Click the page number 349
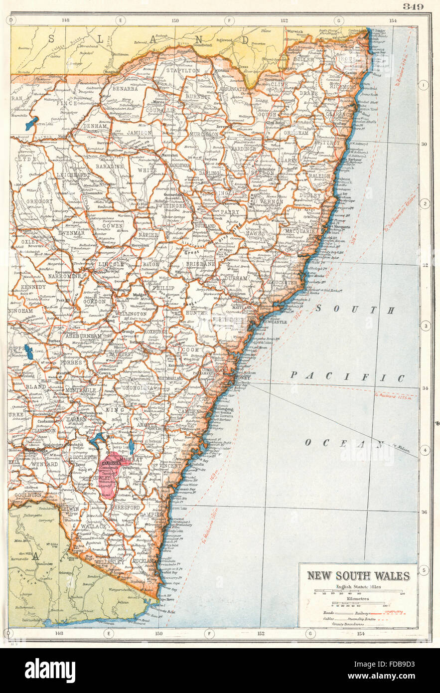(x=413, y=6)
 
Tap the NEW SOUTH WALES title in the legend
(x=358, y=575)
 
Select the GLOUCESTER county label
(x=285, y=282)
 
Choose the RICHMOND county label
(x=343, y=86)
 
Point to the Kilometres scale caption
(x=358, y=597)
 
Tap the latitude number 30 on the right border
(x=425, y=144)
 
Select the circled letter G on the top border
(x=338, y=20)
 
